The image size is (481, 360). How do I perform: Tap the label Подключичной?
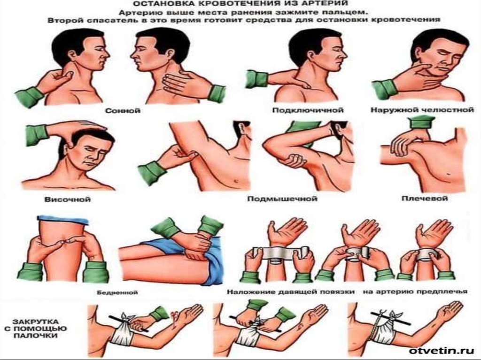tap(308, 110)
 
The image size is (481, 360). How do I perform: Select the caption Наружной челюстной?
tap(422, 110)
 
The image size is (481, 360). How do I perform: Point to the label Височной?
tap(68, 199)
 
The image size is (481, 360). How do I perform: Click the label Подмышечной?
tap(282, 199)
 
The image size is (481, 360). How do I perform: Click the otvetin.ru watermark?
tap(442, 351)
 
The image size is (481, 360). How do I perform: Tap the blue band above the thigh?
tap(62, 219)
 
